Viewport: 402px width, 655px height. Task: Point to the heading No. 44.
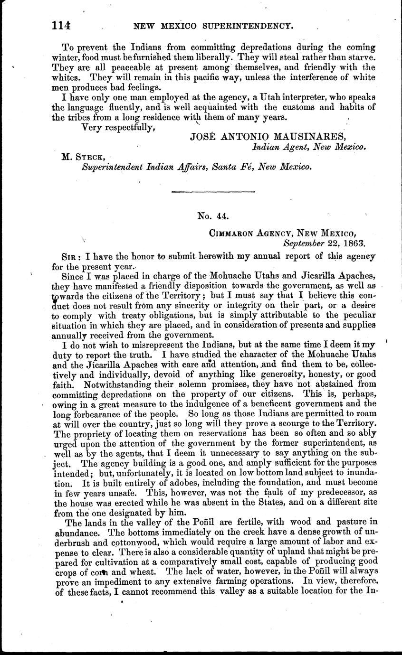coord(213,216)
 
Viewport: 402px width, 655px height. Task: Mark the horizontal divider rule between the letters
coord(213,191)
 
